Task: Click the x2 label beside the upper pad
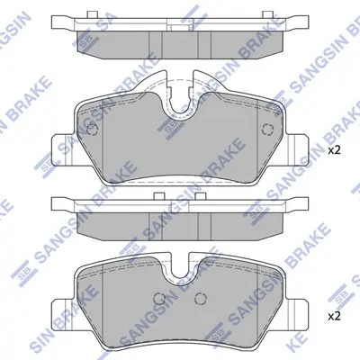pos(334,150)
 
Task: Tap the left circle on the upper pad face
pos(92,130)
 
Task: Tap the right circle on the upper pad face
pos(267,130)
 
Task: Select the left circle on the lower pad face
pos(159,298)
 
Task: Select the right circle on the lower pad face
pos(201,298)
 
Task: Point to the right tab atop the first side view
pos(267,14)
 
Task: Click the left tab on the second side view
pos(159,196)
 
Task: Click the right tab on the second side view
pos(201,196)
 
